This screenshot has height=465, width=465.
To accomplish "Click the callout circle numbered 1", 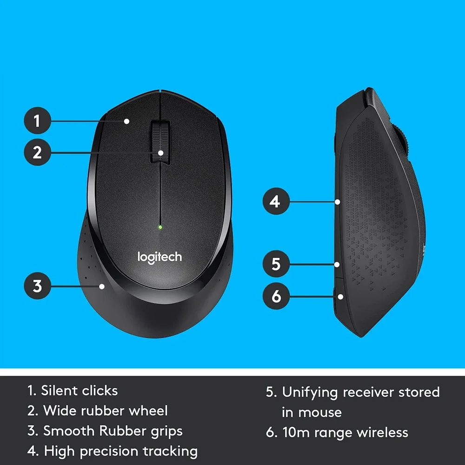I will tap(37, 121).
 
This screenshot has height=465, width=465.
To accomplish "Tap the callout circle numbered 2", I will tap(37, 152).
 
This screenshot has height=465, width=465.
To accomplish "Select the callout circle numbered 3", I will tap(37, 286).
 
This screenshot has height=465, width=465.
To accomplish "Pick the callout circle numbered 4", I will tap(276, 202).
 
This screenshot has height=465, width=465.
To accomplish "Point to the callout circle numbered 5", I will tap(276, 264).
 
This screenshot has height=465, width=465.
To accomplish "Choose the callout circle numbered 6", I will tap(276, 296).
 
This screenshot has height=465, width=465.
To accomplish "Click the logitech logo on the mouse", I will tap(159, 257).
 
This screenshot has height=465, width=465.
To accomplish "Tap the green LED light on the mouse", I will tap(159, 227).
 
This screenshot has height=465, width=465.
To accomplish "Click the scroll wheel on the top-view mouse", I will tap(159, 142).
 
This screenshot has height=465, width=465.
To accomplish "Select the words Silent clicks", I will tap(79, 391).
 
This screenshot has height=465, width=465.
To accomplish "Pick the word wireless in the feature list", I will tap(382, 432).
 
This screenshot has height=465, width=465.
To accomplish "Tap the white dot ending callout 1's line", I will tap(126, 121).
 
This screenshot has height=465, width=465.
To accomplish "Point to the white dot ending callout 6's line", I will tap(341, 296).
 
